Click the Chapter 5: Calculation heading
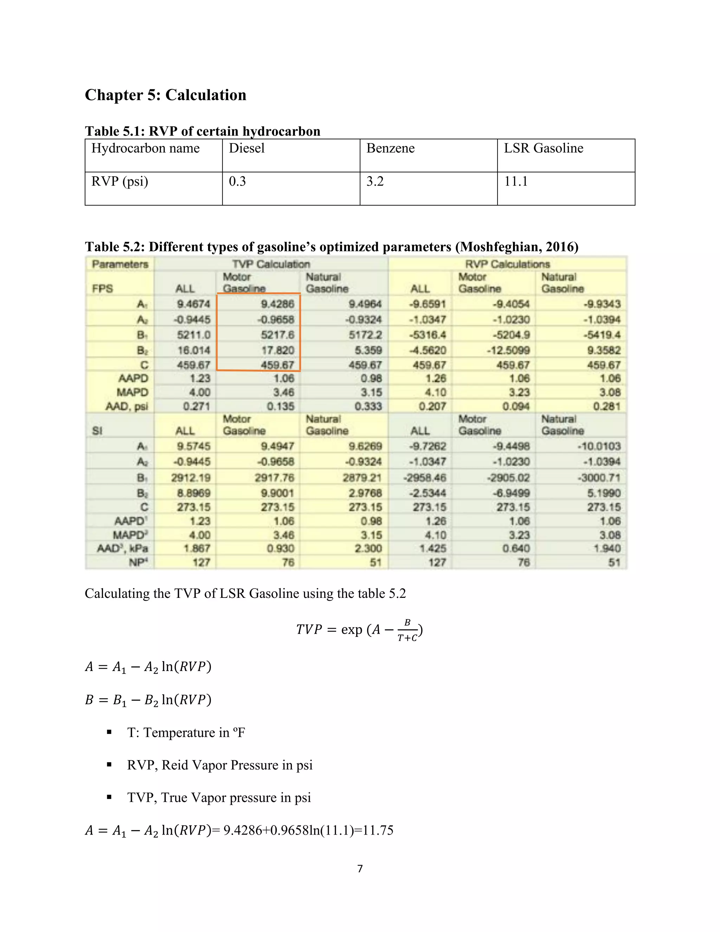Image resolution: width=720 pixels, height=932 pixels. click(166, 95)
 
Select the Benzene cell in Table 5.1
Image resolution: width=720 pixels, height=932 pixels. click(390, 148)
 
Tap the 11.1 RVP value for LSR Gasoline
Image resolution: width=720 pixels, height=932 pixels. click(516, 181)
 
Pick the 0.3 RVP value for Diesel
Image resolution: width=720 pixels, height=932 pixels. click(237, 181)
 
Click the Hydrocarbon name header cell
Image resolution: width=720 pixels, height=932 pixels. click(146, 148)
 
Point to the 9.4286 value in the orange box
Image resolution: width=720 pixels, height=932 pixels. click(277, 304)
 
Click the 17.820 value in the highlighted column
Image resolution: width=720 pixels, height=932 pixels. click(277, 350)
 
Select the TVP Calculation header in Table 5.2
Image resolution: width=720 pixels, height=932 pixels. click(271, 264)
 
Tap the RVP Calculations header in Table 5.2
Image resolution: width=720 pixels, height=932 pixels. click(507, 264)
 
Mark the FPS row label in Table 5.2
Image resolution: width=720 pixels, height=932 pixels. click(102, 289)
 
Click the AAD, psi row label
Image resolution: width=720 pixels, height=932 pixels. click(127, 406)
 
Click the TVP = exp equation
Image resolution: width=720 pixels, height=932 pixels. click(359, 630)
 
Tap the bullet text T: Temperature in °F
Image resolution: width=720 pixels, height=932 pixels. click(186, 733)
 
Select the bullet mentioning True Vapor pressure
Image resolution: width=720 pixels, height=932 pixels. click(219, 798)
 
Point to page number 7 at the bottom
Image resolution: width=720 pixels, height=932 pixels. click(360, 869)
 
